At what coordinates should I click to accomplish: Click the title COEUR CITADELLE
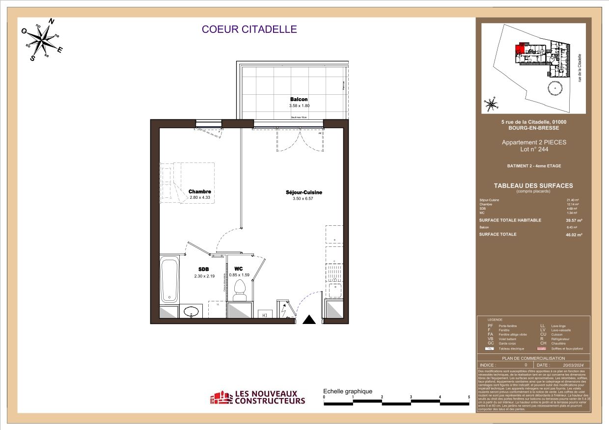click(249, 29)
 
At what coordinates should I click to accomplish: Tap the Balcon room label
click(299, 100)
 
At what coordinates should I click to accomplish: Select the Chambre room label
click(200, 192)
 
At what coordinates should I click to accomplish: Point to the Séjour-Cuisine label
click(304, 192)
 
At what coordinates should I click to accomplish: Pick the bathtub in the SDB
click(170, 280)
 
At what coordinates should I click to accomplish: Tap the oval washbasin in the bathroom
click(191, 311)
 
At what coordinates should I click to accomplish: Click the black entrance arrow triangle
click(309, 320)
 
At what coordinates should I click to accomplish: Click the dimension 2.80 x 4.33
click(200, 198)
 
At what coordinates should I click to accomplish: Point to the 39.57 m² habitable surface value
click(574, 220)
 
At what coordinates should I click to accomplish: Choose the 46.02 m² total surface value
click(574, 235)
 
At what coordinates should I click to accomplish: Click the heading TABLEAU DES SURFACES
click(533, 186)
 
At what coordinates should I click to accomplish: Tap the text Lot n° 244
click(533, 149)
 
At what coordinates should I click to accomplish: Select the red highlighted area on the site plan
click(518, 49)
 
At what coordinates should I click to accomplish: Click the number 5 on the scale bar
click(469, 397)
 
